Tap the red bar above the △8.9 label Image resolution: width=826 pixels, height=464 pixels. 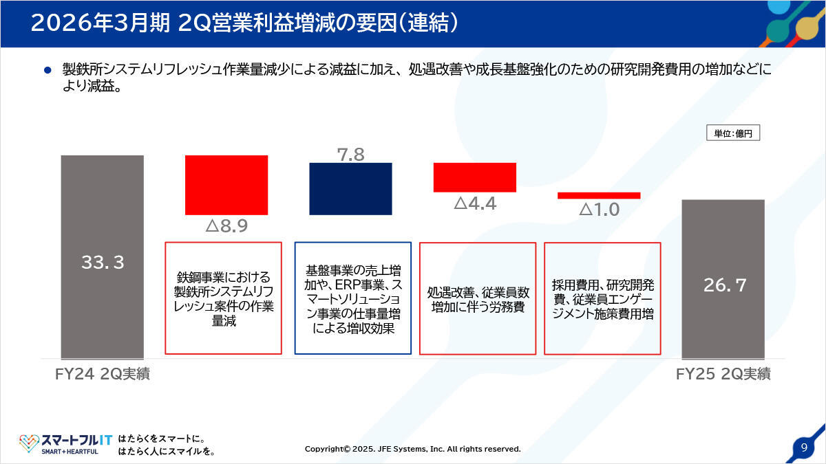pos(226,185)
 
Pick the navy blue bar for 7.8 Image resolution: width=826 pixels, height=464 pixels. pos(350,188)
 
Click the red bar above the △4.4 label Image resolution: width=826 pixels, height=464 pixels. pos(475,177)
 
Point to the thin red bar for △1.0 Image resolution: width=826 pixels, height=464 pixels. pos(599,195)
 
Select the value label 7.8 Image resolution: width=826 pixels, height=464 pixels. pos(351,154)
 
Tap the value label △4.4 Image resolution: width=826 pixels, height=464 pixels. pos(475,203)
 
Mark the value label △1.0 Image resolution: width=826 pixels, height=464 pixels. pos(599,210)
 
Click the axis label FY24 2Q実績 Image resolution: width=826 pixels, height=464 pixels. pos(103,375)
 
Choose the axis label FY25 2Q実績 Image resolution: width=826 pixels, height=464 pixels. pos(723,375)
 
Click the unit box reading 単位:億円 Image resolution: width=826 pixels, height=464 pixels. pos(733,133)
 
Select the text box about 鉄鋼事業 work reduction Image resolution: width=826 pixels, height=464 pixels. pos(224,298)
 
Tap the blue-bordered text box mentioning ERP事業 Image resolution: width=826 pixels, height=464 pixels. pos(353,298)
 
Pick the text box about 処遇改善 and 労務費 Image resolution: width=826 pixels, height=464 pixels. pos(478,298)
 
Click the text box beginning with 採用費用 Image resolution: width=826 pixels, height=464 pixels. pos(602,298)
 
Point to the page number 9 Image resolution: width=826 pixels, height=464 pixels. pos(803,448)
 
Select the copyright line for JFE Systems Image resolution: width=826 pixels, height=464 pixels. pos(413,449)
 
